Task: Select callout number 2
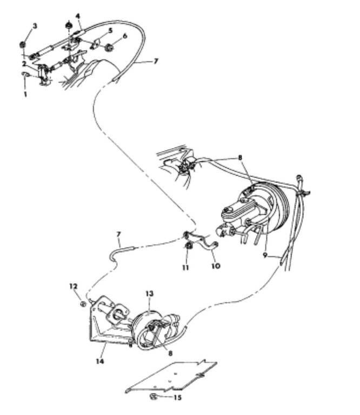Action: tap(24, 64)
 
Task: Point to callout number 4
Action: tap(77, 17)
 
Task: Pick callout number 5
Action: tap(110, 31)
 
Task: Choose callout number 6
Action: tap(125, 36)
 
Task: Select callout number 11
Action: tap(185, 266)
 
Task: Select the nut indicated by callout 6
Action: tap(110, 48)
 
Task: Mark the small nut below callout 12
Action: tap(83, 304)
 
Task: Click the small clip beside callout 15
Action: tap(154, 397)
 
